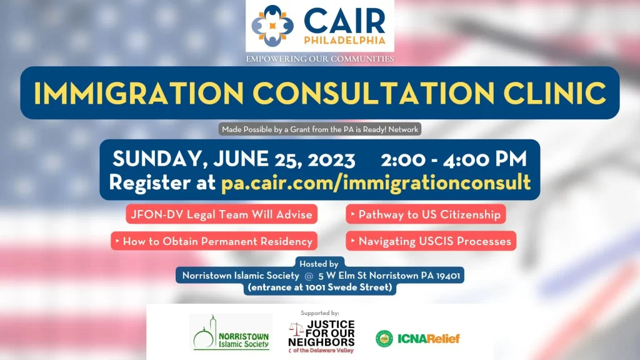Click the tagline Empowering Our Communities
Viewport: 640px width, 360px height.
[x=319, y=59]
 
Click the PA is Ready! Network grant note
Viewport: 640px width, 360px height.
[x=319, y=130]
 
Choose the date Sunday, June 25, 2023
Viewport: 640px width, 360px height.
[x=233, y=159]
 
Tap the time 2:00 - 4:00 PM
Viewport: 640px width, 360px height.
[x=453, y=159]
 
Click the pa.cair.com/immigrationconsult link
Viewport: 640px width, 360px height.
[x=376, y=182]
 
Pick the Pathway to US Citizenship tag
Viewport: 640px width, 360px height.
[x=425, y=214]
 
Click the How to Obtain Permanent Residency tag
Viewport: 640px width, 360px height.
[x=214, y=241]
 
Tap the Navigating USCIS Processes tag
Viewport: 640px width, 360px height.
[x=431, y=241]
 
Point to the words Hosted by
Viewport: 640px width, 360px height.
[x=319, y=264]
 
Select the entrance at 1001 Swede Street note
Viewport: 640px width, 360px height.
[x=319, y=287]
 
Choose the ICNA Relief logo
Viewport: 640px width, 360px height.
[x=417, y=339]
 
